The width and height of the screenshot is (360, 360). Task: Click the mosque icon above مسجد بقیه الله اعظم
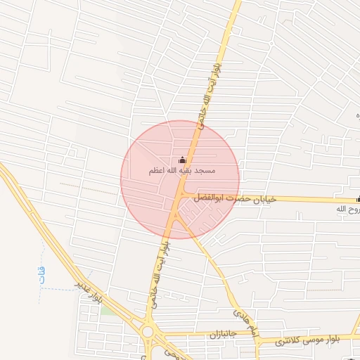[x=183, y=160]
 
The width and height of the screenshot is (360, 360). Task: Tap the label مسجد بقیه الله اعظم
[x=182, y=171]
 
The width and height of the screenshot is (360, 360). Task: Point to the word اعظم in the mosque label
[x=157, y=171]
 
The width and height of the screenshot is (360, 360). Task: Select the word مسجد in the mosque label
[x=205, y=171]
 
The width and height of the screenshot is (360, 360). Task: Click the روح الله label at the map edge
[x=347, y=210]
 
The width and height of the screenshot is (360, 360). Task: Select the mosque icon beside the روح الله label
[x=357, y=199]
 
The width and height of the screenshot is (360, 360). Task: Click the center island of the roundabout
[x=148, y=331]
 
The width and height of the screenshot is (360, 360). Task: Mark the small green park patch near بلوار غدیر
[x=104, y=310]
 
